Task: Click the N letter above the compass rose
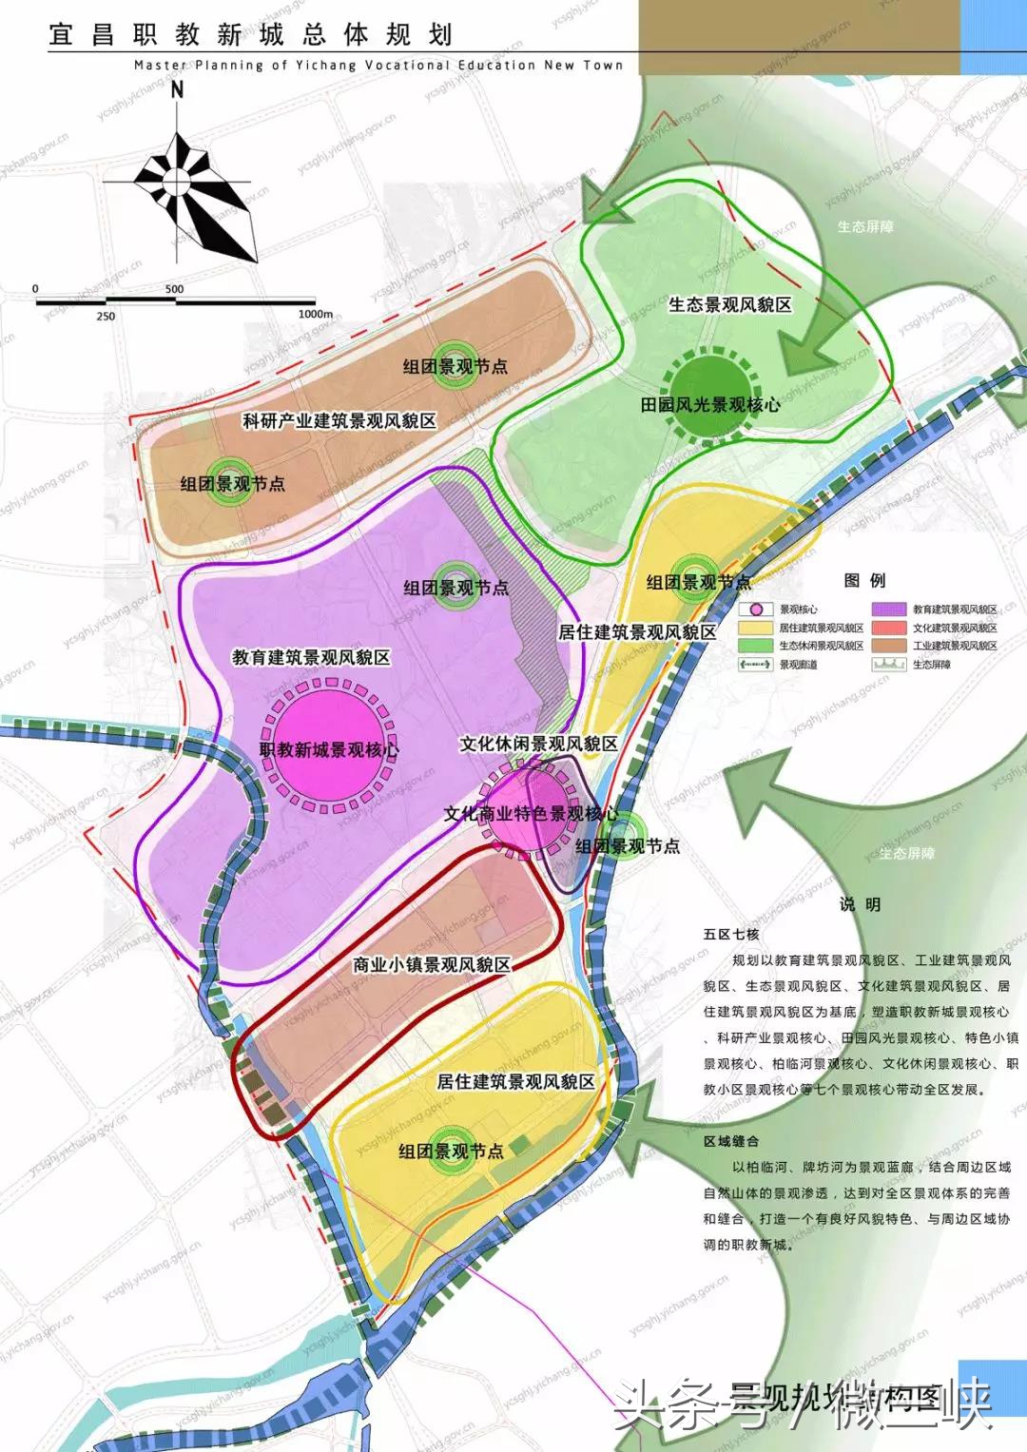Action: pyautogui.click(x=177, y=90)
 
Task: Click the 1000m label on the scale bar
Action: pyautogui.click(x=316, y=315)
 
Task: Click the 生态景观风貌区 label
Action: pyautogui.click(x=729, y=304)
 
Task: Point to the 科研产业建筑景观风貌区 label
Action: pyautogui.click(x=339, y=420)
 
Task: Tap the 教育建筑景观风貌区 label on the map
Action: pyautogui.click(x=311, y=657)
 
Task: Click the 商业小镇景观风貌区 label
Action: pyautogui.click(x=432, y=964)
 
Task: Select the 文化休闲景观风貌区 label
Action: pyautogui.click(x=538, y=744)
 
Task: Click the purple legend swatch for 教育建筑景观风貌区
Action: pyautogui.click(x=888, y=610)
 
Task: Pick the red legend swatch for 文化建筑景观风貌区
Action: pyautogui.click(x=888, y=628)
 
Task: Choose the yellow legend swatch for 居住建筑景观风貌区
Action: pyautogui.click(x=755, y=628)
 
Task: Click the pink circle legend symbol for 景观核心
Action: pyautogui.click(x=755, y=610)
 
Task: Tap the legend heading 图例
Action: pyautogui.click(x=864, y=580)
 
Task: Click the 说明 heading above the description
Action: pyautogui.click(x=860, y=904)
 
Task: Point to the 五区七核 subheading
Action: pyautogui.click(x=731, y=934)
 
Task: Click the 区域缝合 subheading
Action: pyautogui.click(x=731, y=1141)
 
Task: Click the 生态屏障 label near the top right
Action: pyautogui.click(x=865, y=226)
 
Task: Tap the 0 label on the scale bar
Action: pyautogui.click(x=35, y=289)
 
